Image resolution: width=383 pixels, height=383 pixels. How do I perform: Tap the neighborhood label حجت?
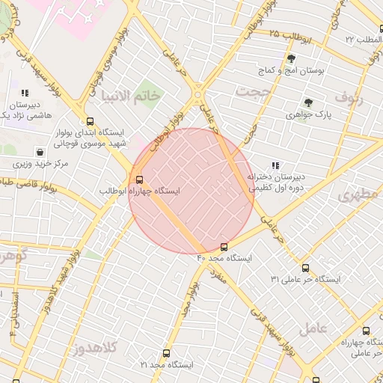[x=252, y=91]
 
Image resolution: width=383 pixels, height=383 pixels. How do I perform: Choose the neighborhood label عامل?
[x=313, y=328]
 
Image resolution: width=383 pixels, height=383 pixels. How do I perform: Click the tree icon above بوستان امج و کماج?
[x=291, y=58]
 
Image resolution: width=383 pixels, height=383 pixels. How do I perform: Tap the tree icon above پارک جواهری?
[x=307, y=102]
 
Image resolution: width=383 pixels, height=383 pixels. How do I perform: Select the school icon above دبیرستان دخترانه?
[x=275, y=165]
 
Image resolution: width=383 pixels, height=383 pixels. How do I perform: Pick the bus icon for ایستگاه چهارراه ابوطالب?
[x=139, y=179]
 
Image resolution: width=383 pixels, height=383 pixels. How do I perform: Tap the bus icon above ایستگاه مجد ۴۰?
[x=224, y=247]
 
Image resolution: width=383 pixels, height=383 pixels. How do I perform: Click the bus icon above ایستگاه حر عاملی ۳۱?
[x=304, y=267]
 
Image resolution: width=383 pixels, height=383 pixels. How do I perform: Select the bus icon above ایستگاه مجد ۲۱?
[x=166, y=353]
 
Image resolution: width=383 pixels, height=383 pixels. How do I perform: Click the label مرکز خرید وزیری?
[x=40, y=163]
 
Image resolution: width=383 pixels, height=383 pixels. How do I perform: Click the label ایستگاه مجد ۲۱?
[x=166, y=364]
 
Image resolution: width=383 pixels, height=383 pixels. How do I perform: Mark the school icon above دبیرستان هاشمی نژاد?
[x=25, y=94]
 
